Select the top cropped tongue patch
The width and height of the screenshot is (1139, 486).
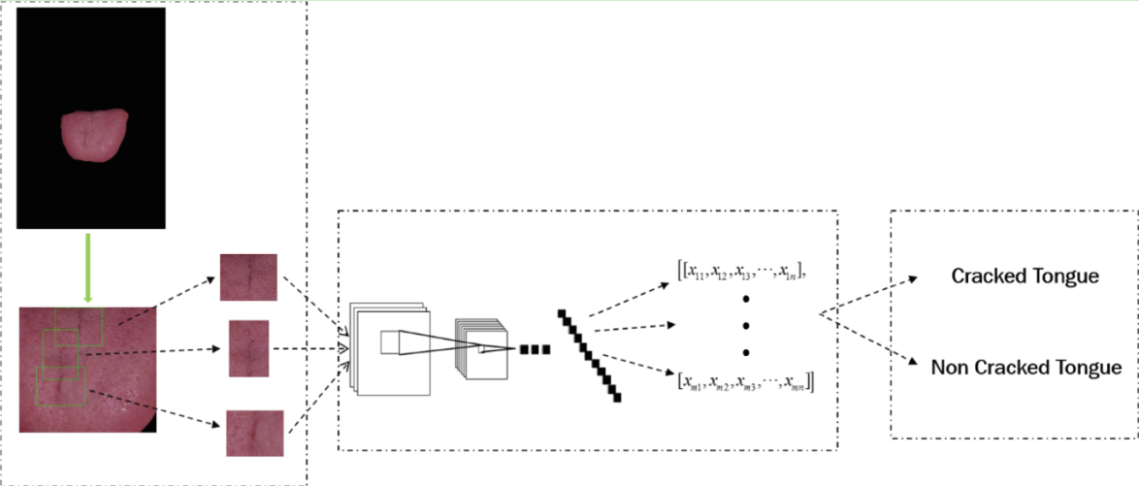248,277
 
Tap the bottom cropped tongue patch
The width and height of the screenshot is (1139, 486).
255,433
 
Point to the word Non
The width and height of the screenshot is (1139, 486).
949,368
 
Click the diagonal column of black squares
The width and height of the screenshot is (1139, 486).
590,355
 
